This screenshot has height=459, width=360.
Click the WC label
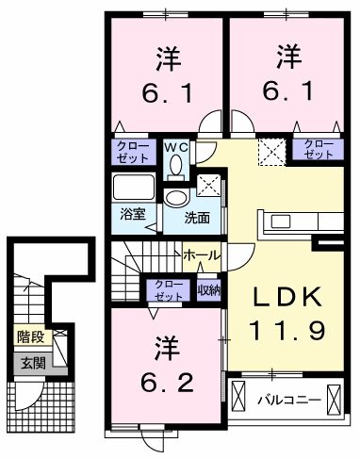pyautogui.click(x=176, y=146)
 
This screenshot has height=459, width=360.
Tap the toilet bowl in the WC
pyautogui.click(x=175, y=165)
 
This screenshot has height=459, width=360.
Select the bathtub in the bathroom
pyautogui.click(x=134, y=187)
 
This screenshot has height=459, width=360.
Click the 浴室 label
pyautogui.click(x=133, y=214)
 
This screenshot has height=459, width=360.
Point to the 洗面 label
pyautogui.click(x=197, y=218)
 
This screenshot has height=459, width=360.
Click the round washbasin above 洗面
pyautogui.click(x=177, y=198)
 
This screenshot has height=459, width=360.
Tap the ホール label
pyautogui.click(x=203, y=256)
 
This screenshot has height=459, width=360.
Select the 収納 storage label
pyautogui.click(x=208, y=291)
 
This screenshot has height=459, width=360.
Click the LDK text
pyautogui.click(x=287, y=297)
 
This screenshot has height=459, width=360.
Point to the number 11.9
pyautogui.click(x=287, y=331)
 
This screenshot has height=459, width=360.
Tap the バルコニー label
pyautogui.click(x=290, y=401)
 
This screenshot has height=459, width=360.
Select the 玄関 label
pyautogui.click(x=33, y=364)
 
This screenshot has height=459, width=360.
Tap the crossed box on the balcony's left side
pyautogui.click(x=238, y=396)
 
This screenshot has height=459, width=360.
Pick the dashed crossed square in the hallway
pyautogui.click(x=272, y=152)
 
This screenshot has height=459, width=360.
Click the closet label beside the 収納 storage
pyautogui.click(x=169, y=290)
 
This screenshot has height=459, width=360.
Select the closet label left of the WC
pyautogui.click(x=133, y=152)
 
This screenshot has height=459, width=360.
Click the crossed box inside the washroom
pyautogui.click(x=208, y=186)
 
